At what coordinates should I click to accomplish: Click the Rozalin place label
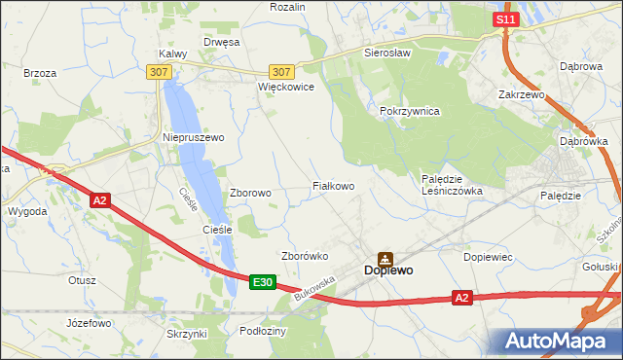click(287, 7)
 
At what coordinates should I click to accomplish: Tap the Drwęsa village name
click(220, 42)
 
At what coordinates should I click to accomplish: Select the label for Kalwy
click(172, 54)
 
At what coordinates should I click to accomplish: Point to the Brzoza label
click(40, 73)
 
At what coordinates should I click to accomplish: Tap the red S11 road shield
click(504, 19)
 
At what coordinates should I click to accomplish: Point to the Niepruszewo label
click(193, 138)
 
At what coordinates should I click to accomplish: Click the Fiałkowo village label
click(332, 185)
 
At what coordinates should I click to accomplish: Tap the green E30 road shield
click(261, 282)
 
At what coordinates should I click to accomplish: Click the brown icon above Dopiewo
click(385, 258)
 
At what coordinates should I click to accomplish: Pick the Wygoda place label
click(26, 211)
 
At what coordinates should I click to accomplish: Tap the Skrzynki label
click(187, 334)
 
